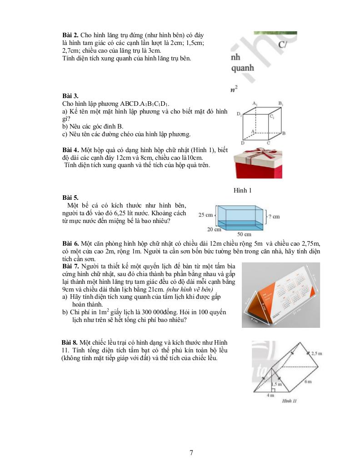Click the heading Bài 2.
(70, 35)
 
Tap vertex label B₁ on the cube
(281, 104)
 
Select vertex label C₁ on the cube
(271, 117)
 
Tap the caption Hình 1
(243, 190)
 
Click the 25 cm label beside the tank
(206, 215)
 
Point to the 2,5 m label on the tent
(317, 353)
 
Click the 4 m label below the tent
(270, 395)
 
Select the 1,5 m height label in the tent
(277, 384)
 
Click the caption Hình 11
(289, 401)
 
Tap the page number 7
(191, 452)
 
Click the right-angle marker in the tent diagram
(273, 390)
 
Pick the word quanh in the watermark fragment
(243, 68)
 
